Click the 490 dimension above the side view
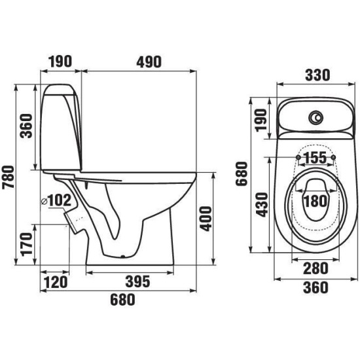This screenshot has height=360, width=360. pyautogui.click(x=149, y=62)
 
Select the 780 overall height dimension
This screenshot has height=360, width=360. pyautogui.click(x=9, y=177)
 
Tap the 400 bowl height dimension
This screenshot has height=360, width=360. pyautogui.click(x=206, y=219)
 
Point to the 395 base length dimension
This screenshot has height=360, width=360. pyautogui.click(x=137, y=281)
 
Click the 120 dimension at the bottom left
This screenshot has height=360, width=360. pyautogui.click(x=56, y=282)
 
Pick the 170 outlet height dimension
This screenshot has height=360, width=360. pyautogui.click(x=26, y=244)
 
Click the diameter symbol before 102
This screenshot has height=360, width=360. pyautogui.click(x=44, y=202)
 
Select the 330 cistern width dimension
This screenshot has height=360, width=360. pyautogui.click(x=317, y=75)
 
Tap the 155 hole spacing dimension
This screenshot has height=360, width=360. pyautogui.click(x=315, y=158)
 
